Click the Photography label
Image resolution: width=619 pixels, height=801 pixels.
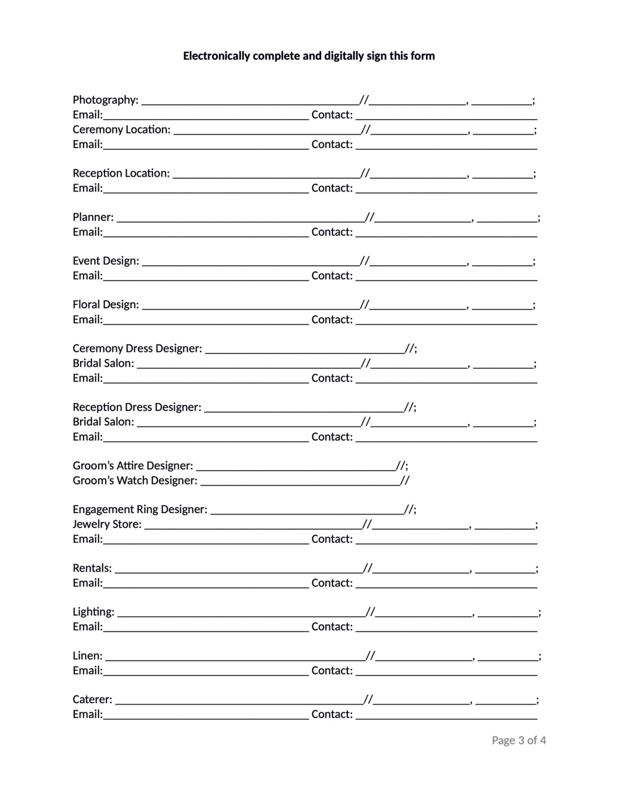click(105, 100)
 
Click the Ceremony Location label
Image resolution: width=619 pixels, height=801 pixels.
click(121, 130)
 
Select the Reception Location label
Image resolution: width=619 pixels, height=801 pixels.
click(121, 173)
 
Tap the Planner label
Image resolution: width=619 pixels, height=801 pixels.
click(93, 217)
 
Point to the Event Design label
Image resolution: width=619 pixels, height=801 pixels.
click(106, 261)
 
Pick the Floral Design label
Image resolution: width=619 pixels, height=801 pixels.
click(106, 305)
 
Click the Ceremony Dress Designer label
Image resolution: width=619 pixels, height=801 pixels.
click(137, 348)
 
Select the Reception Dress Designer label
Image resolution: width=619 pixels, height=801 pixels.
click(137, 407)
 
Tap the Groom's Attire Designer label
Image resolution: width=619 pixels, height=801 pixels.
click(133, 466)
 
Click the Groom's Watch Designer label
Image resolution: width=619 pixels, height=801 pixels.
click(135, 481)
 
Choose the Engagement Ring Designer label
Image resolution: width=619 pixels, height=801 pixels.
click(140, 509)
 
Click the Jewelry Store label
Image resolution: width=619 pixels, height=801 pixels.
click(107, 524)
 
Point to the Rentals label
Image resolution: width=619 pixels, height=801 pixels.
click(92, 568)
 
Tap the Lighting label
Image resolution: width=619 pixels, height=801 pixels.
click(93, 612)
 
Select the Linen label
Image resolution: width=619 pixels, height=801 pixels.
click(87, 656)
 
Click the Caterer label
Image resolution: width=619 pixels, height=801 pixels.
click(92, 699)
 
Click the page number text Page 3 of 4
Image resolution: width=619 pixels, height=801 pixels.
click(518, 740)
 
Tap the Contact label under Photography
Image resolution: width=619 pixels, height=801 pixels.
click(332, 115)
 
